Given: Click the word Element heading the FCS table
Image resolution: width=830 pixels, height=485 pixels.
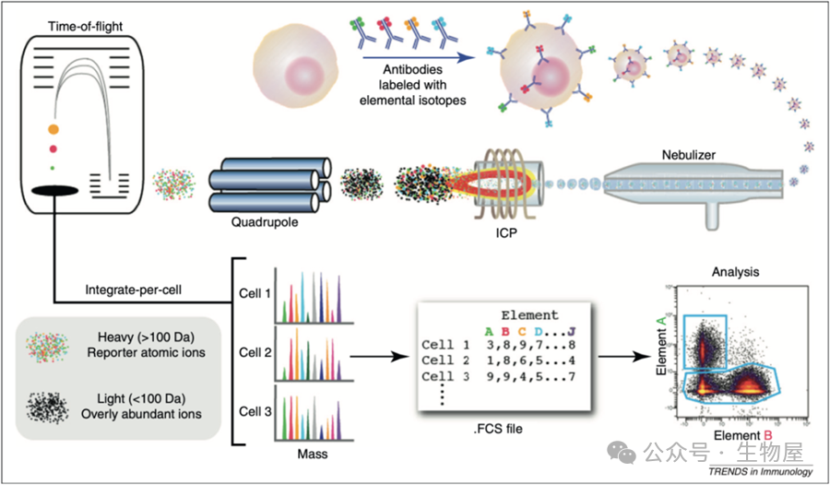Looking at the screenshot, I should pyautogui.click(x=528, y=314).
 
